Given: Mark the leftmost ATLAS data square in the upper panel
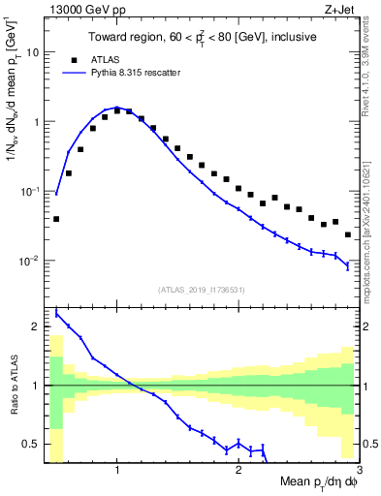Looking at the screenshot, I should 56,219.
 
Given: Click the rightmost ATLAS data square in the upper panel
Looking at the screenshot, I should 348,234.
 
